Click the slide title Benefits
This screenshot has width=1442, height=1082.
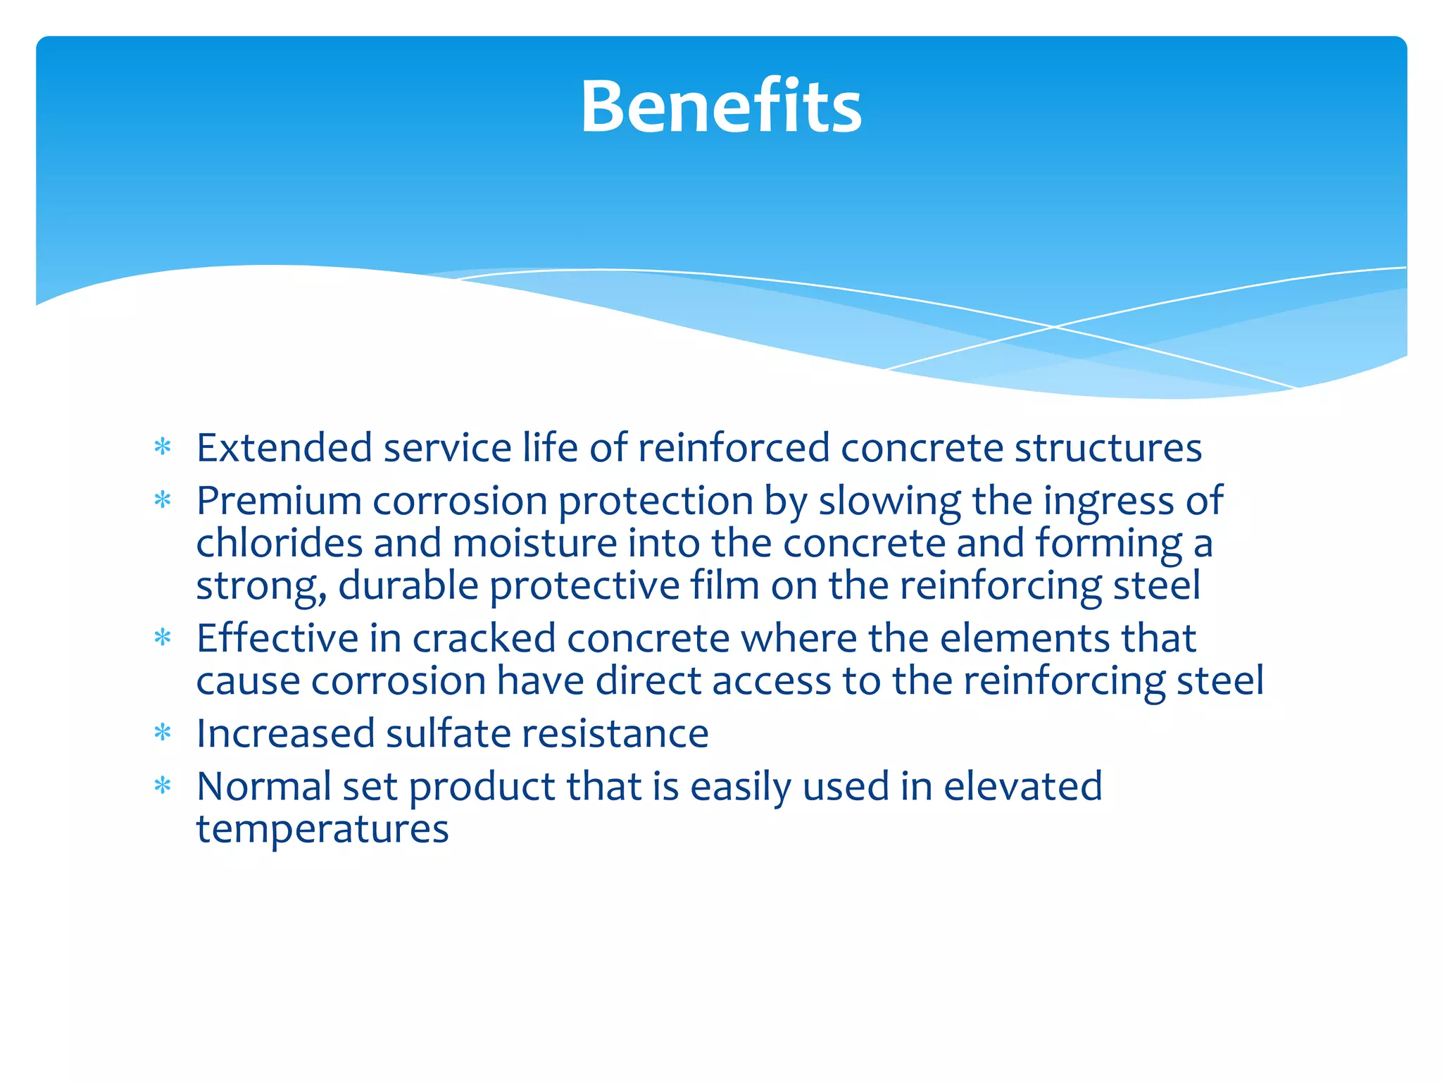pos(720,107)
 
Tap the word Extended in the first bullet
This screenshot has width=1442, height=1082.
pos(284,448)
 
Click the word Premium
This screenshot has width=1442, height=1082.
pos(279,501)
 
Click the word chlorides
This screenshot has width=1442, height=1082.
pos(279,543)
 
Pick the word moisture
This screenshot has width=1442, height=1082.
pos(534,543)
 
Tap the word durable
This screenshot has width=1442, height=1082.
pos(408,585)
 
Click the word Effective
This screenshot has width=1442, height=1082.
pos(277,638)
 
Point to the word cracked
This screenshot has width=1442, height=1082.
pos(484,638)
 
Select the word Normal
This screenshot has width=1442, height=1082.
pos(263,786)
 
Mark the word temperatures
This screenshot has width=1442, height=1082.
pos(322,829)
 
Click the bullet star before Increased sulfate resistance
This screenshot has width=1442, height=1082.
pos(163,733)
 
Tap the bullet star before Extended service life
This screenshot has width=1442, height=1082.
pos(163,447)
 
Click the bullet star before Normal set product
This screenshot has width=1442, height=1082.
pos(163,785)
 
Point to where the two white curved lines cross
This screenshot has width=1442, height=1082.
pos(1054,327)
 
